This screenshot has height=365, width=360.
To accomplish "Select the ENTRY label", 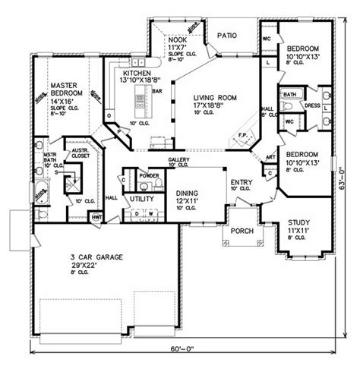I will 241,183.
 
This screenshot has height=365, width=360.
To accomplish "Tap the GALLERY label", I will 177,160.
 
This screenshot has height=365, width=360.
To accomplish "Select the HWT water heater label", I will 97,217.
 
